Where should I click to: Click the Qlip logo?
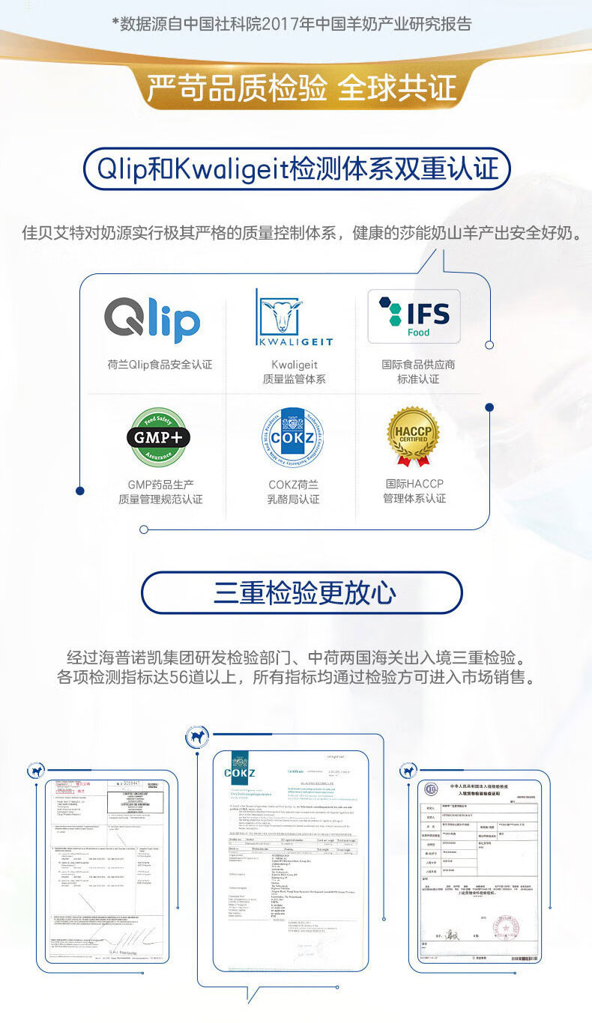[152, 320]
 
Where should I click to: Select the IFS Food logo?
[414, 316]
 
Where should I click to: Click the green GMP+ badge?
[158, 437]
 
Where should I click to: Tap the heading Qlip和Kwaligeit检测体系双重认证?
[297, 169]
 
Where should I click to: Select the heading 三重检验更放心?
[303, 593]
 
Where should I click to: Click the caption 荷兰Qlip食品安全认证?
[160, 365]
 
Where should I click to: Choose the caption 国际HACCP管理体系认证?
[414, 491]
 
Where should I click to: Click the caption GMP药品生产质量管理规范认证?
[160, 491]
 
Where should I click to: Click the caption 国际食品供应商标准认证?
[418, 371]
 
